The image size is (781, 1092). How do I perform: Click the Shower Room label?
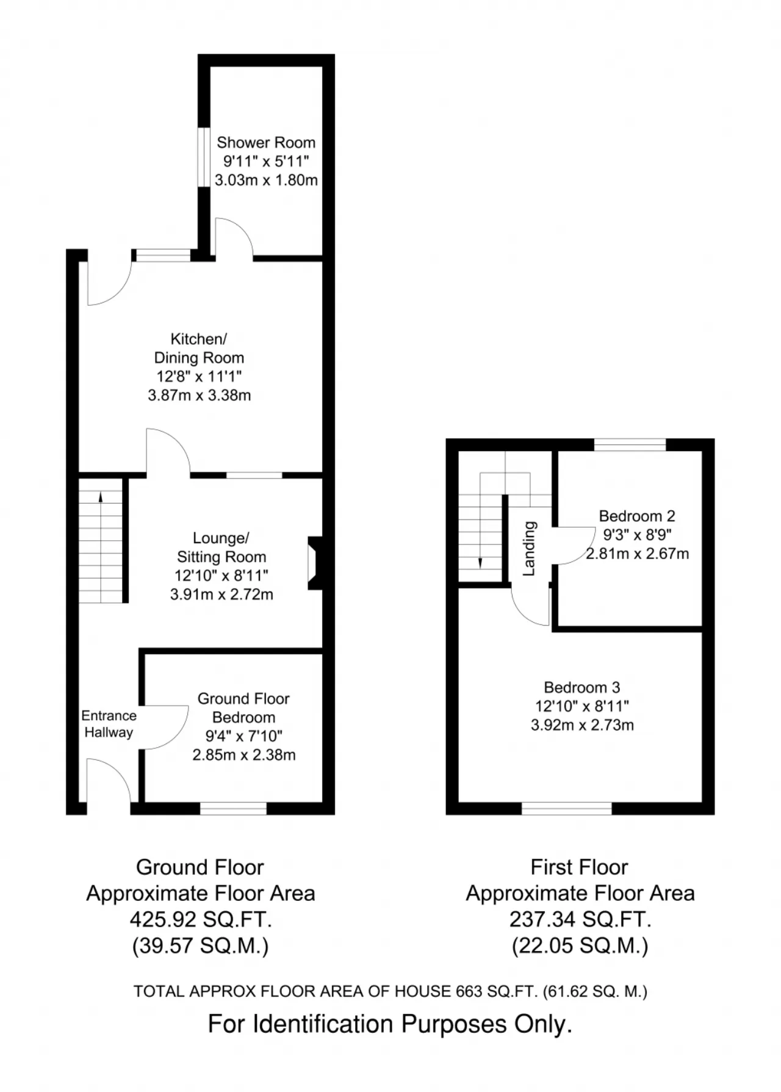click(266, 142)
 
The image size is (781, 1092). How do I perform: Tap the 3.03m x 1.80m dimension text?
click(266, 180)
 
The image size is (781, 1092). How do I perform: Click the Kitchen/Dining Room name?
click(199, 348)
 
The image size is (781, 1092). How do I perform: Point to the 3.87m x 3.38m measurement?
click(200, 395)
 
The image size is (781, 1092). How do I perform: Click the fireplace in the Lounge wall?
click(315, 563)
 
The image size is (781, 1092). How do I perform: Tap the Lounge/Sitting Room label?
click(221, 547)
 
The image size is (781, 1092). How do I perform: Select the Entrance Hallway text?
click(109, 724)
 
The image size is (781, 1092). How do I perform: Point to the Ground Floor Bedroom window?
click(233, 808)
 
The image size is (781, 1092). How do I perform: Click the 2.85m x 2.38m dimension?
click(244, 755)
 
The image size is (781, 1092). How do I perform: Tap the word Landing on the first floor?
click(529, 548)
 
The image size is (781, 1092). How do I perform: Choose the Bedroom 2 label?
click(637, 516)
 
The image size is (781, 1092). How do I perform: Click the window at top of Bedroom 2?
click(630, 444)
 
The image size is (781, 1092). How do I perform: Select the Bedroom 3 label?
click(582, 687)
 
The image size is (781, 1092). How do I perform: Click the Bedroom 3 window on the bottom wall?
click(566, 808)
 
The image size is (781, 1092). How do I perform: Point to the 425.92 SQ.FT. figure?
click(200, 919)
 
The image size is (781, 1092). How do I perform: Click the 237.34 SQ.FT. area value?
click(580, 919)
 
